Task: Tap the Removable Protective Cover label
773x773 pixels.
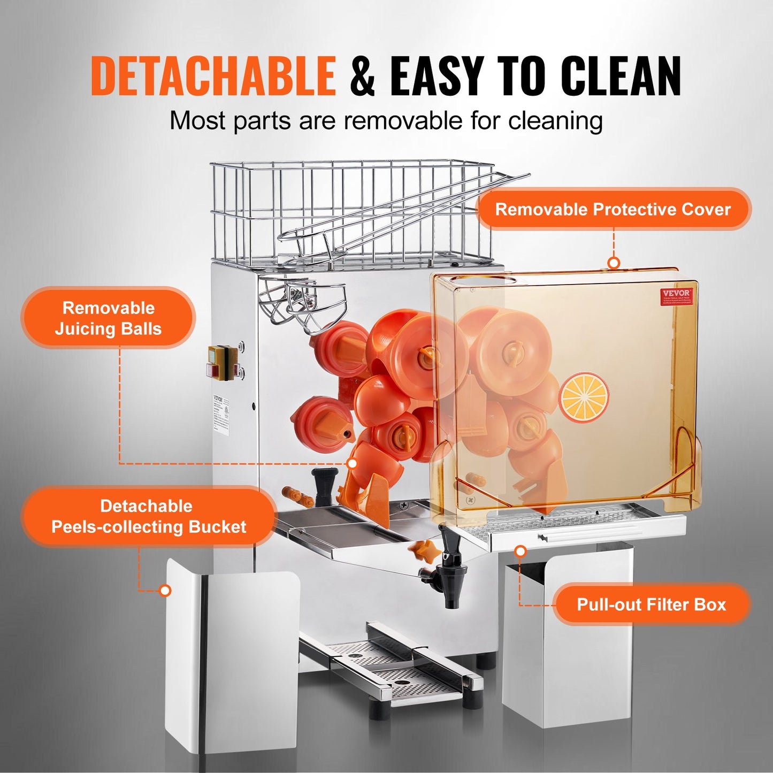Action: click(613, 209)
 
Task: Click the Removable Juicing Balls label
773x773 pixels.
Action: click(108, 318)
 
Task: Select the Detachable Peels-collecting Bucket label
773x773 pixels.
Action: click(148, 516)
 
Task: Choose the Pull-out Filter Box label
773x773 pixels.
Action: click(651, 604)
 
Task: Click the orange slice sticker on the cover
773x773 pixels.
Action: click(584, 397)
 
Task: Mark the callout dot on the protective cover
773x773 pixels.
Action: click(614, 263)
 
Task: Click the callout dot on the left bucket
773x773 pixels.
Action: click(165, 591)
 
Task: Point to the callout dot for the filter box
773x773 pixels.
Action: click(520, 551)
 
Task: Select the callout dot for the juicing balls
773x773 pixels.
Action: click(353, 463)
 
